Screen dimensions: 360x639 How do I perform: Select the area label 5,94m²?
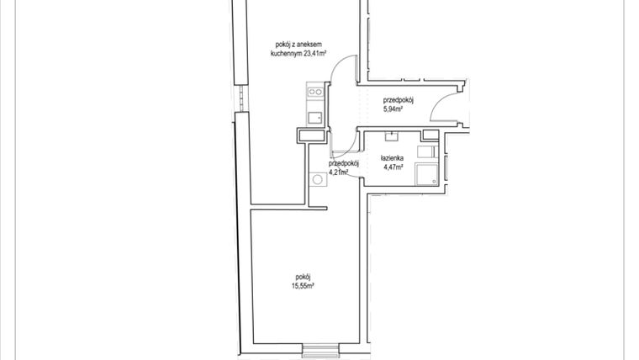pos(393,108)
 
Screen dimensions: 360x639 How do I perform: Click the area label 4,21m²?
pos(338,172)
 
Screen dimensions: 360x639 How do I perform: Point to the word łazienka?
pos(393,158)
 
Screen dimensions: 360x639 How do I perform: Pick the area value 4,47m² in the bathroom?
pos(393,167)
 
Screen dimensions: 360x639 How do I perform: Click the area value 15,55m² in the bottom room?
pos(304,286)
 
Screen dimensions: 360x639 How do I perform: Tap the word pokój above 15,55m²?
pos(304,277)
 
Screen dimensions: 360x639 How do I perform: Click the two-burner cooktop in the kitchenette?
pos(315,92)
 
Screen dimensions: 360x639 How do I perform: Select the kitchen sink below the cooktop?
pos(315,117)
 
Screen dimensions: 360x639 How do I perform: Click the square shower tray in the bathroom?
pos(428,173)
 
